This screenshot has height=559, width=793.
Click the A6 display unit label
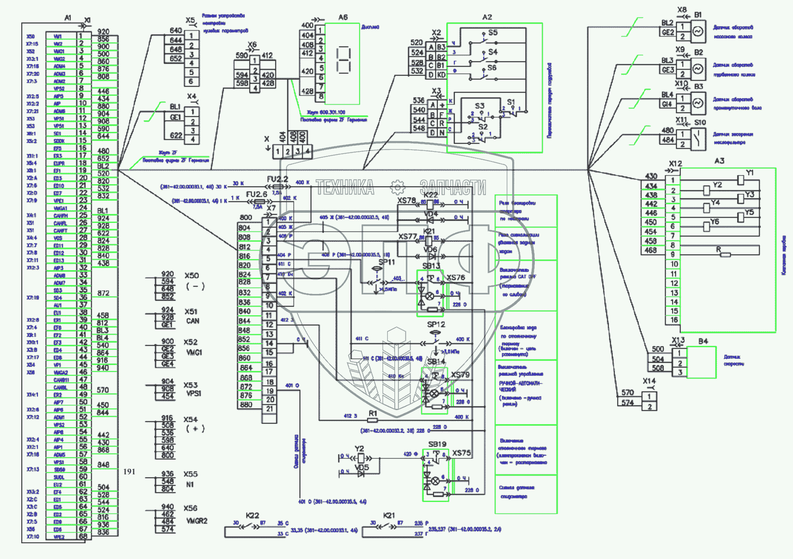[343, 17]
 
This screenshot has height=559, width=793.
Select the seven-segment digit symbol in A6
[343, 60]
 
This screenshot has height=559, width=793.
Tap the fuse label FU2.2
[277, 179]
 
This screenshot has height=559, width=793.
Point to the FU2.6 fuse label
[257, 194]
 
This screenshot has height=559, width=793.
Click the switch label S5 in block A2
[493, 33]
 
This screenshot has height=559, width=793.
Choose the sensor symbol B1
[698, 31]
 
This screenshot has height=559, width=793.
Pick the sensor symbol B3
[698, 103]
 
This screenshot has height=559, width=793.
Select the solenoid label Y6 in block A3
[715, 222]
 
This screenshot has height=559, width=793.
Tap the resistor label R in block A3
[719, 249]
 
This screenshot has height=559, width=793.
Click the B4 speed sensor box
[701, 362]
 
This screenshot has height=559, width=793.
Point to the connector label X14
[649, 381]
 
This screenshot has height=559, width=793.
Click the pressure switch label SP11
[387, 262]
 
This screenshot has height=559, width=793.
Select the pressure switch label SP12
[436, 325]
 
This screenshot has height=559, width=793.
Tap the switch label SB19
[437, 444]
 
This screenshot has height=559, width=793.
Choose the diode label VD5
[362, 468]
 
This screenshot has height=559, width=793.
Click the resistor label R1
[373, 413]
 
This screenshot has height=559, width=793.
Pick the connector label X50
[191, 276]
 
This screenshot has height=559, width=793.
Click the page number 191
[129, 471]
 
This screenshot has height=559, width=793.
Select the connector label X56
[191, 508]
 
